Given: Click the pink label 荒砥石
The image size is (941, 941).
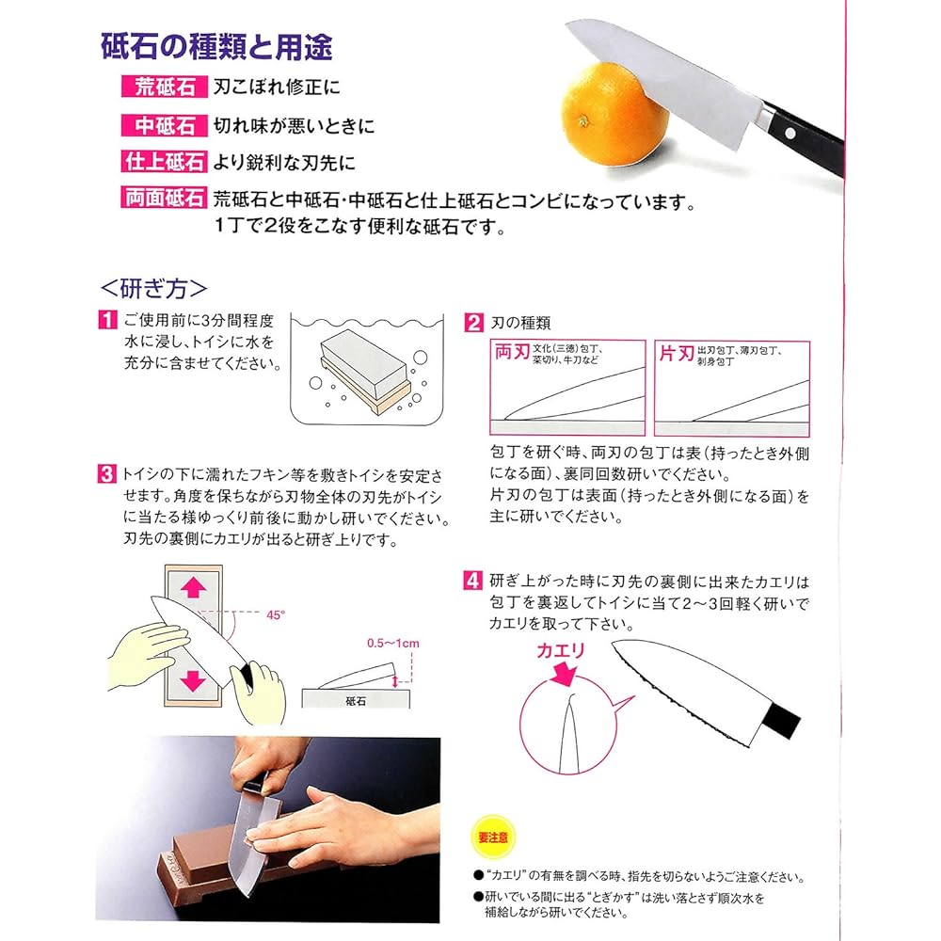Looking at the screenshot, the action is click(x=165, y=87).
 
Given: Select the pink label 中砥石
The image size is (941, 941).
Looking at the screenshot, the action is click(x=165, y=125).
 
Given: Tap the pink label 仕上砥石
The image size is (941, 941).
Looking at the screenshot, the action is click(x=165, y=162).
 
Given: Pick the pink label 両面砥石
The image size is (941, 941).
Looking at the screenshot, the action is click(x=165, y=198).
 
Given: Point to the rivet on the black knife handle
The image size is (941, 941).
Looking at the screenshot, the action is click(x=790, y=134).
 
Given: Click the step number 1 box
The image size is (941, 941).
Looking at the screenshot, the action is click(x=107, y=319).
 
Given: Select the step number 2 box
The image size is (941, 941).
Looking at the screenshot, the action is click(x=473, y=323).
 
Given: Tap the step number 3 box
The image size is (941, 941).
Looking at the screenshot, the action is click(x=106, y=473).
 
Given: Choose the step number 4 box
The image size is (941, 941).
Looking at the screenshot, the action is click(x=473, y=581).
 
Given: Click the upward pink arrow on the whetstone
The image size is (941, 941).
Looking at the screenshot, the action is click(x=193, y=587).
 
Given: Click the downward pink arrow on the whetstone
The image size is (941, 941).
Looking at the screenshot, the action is click(x=193, y=680).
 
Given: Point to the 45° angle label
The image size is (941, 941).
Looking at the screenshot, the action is click(x=276, y=615).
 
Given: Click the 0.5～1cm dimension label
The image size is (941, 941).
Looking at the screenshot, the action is click(x=393, y=644).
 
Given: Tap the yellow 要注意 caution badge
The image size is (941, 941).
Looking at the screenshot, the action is click(x=493, y=837).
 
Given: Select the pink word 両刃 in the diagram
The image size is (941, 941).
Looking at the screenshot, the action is click(x=511, y=351).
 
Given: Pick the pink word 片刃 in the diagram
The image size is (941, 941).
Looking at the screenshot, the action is click(x=677, y=353).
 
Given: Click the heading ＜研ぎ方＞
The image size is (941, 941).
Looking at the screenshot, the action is click(x=154, y=289).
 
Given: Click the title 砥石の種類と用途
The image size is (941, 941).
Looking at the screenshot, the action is click(x=216, y=47).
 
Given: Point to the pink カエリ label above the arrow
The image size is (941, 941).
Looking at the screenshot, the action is click(x=560, y=650).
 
